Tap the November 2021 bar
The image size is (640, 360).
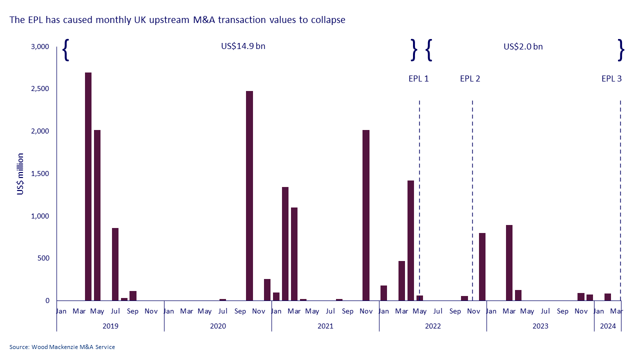[366, 215]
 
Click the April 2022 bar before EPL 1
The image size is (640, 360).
[410, 240]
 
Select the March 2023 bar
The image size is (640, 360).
[509, 262]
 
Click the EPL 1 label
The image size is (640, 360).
[418, 78]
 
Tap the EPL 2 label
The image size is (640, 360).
[470, 78]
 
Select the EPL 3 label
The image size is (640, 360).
[611, 78]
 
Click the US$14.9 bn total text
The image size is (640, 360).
[243, 46]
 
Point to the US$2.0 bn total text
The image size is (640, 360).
[523, 46]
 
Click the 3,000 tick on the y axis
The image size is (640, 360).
[40, 46]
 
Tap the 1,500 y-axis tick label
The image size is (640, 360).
[40, 173]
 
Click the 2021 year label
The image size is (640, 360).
[325, 326]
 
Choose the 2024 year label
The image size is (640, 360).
[608, 326]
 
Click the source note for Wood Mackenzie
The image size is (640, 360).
[62, 347]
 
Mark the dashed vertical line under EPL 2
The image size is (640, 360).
[472, 200]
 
